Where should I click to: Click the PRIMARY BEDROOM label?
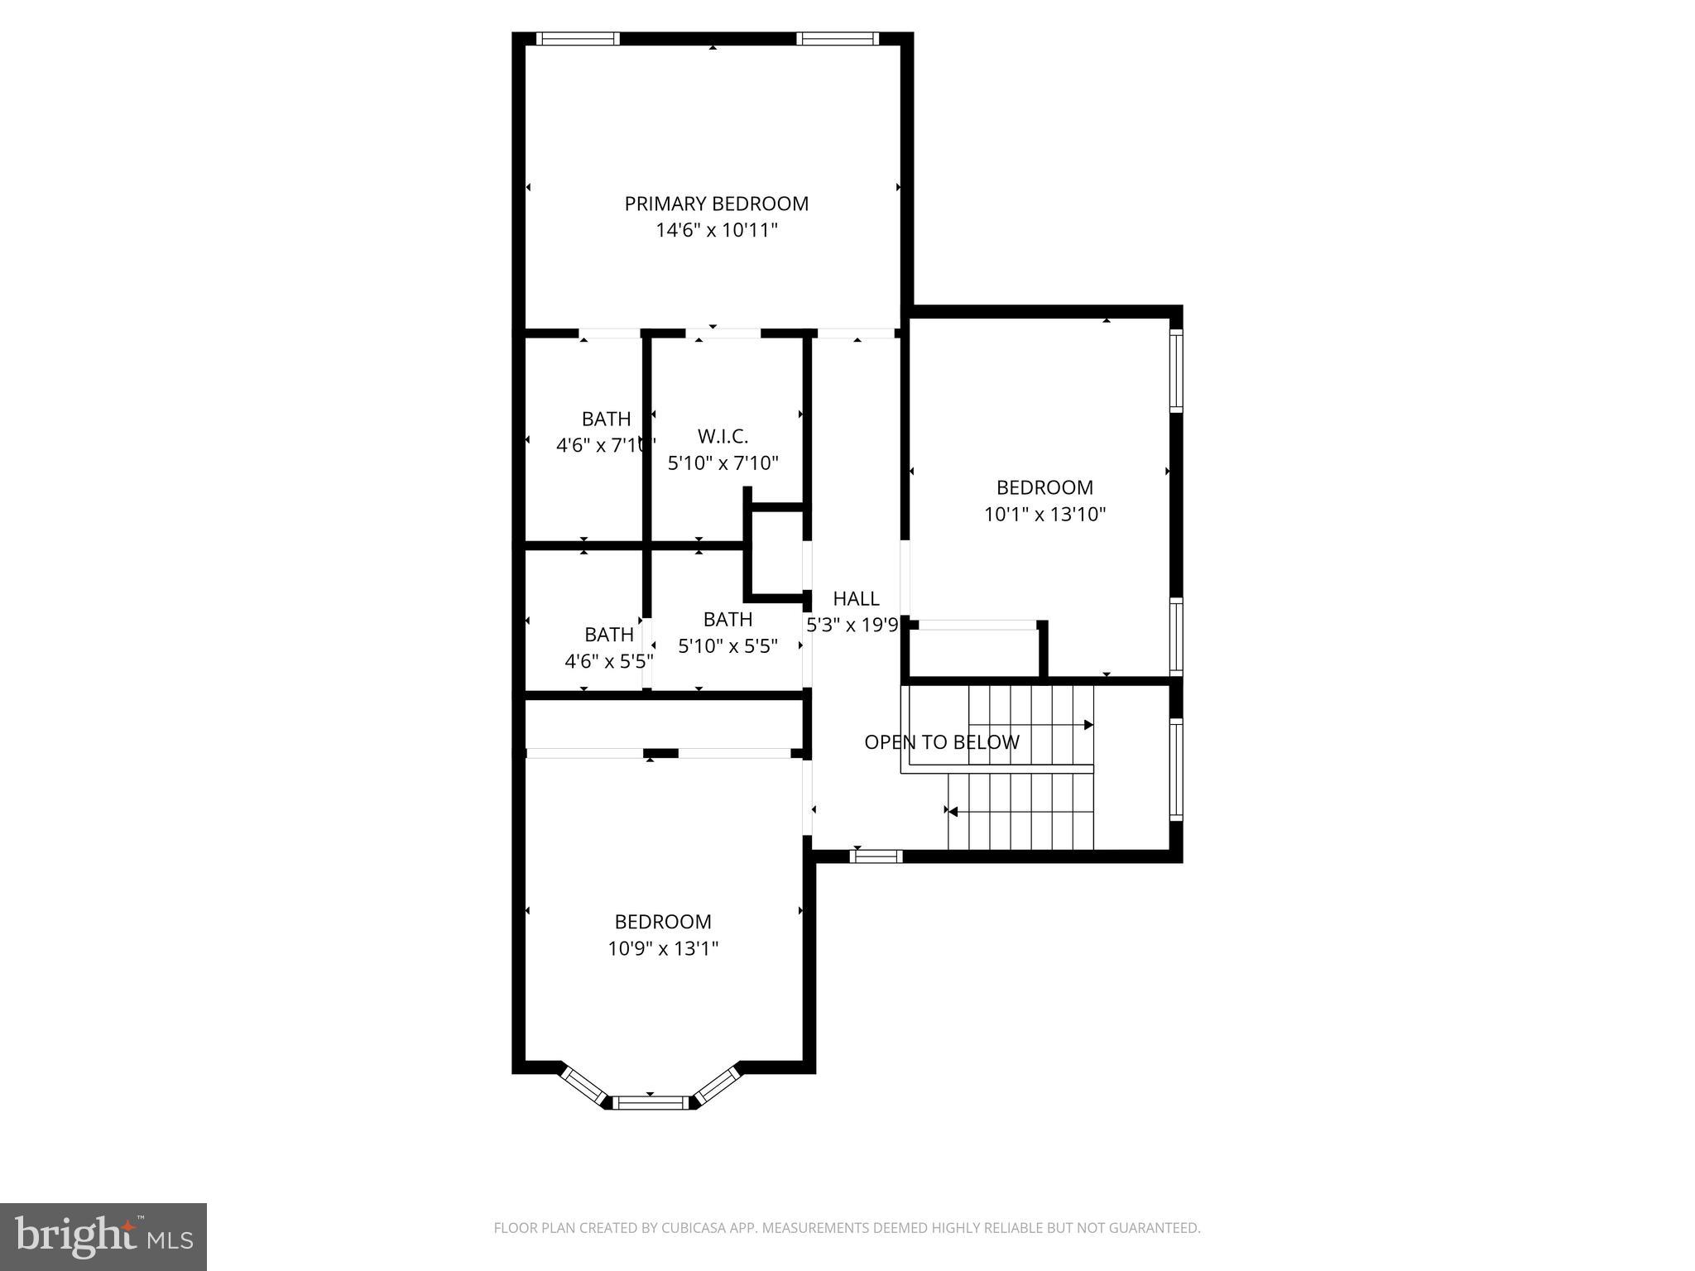[716, 204]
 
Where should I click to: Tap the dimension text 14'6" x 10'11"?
[717, 230]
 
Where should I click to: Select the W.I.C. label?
[723, 436]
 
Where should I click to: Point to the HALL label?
[856, 598]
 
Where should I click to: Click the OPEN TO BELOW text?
[941, 742]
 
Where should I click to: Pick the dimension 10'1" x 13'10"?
[1044, 514]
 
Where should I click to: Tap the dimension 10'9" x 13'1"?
[663, 948]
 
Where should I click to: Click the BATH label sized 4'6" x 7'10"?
[606, 419]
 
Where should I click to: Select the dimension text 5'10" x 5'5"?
[727, 645]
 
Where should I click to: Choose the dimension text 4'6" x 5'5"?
[608, 661]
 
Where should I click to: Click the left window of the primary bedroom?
[577, 38]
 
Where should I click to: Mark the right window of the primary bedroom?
[837, 38]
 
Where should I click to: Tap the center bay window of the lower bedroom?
[651, 1101]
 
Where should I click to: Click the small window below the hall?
[876, 856]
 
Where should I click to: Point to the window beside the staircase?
[1175, 769]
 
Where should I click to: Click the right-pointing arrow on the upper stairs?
[1088, 725]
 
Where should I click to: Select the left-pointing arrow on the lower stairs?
[952, 812]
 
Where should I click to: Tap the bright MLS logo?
[103, 1236]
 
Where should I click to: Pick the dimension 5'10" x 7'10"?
[723, 463]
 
